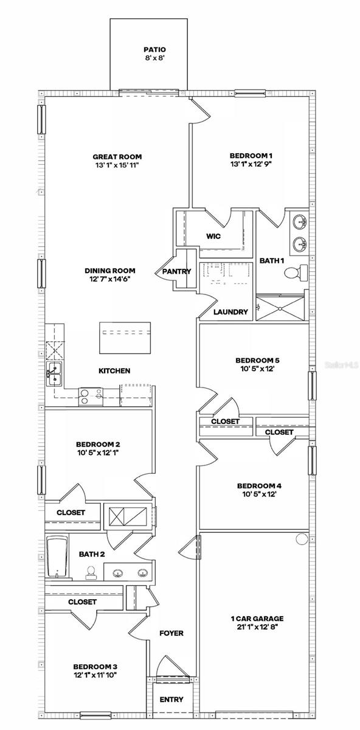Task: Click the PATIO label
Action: tap(154, 50)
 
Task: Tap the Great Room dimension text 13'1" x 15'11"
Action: tap(117, 165)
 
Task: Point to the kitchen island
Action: tap(125, 337)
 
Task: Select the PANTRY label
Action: tap(177, 271)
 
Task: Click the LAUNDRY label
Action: tap(231, 312)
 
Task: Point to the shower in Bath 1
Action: tap(282, 307)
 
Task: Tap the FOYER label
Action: tap(171, 633)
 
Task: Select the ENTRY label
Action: tap(171, 700)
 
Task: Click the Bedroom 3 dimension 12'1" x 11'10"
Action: tap(95, 674)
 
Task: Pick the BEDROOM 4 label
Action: tap(258, 485)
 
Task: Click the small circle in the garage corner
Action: tap(301, 539)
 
